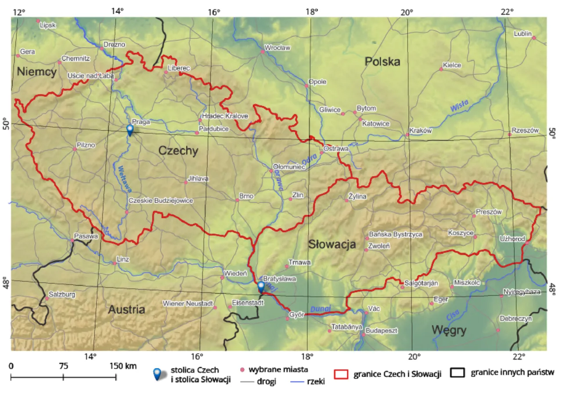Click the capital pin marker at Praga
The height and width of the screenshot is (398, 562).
coord(130,130)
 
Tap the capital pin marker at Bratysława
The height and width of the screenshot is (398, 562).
coord(261,286)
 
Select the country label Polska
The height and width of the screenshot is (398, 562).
coord(382,62)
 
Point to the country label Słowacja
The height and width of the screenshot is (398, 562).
coord(331,244)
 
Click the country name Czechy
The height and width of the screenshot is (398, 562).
coord(178,151)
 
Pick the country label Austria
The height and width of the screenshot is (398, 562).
coord(126,309)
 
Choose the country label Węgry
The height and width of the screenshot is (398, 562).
coord(448,329)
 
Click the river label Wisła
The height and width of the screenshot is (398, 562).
coord(459,106)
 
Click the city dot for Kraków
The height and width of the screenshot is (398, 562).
coord(407,135)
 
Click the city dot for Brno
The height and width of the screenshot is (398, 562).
coord(237,200)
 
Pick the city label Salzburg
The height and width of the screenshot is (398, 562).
coord(62,294)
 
